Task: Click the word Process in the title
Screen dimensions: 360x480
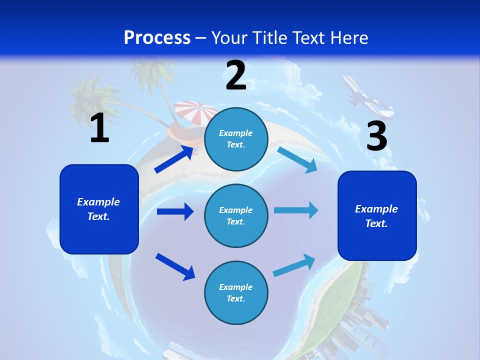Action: (x=157, y=37)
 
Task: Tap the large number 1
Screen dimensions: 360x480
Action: (x=99, y=128)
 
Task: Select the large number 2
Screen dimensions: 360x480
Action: (x=236, y=75)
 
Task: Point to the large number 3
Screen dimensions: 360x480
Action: (x=376, y=136)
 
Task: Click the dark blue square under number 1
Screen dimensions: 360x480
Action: (x=99, y=209)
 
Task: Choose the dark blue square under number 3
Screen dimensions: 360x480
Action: (x=377, y=216)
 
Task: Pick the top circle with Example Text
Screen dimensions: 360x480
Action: (x=236, y=139)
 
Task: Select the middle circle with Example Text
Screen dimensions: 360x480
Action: (x=236, y=215)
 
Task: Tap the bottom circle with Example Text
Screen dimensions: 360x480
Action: (x=236, y=292)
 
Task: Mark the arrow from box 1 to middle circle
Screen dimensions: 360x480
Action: (x=174, y=211)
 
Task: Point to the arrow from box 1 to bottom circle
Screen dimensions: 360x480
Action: (x=175, y=266)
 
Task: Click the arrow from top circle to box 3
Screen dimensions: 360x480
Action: (x=296, y=159)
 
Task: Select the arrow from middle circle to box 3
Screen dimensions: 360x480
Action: (x=295, y=210)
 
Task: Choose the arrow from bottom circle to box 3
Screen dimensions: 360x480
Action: (x=294, y=265)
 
